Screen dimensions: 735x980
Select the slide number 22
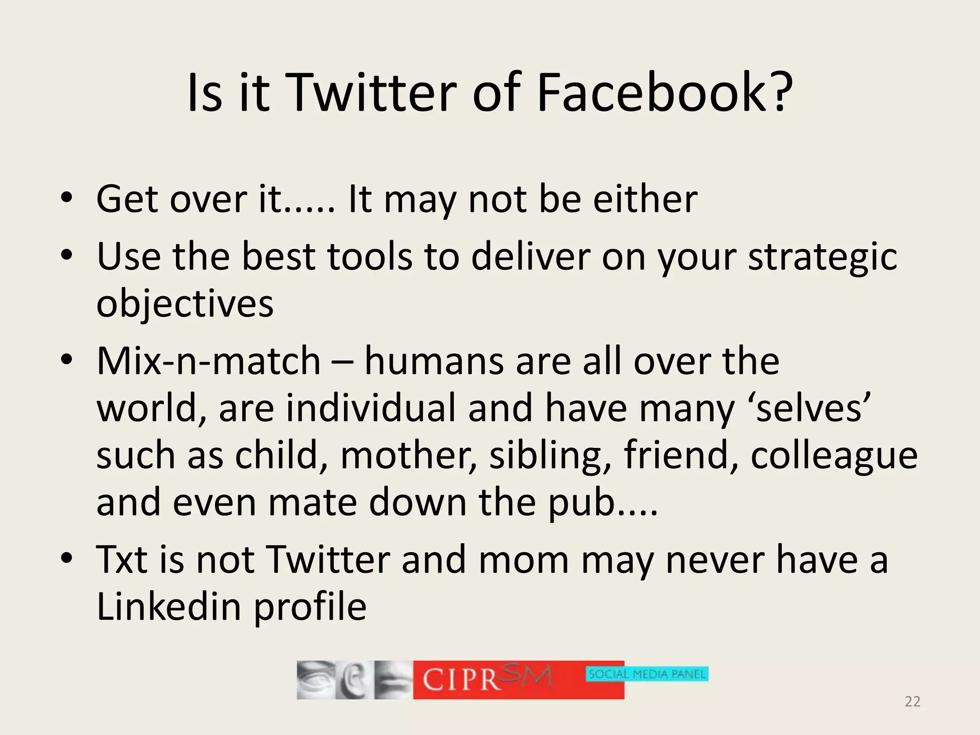click(913, 702)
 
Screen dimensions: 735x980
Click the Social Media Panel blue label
click(647, 674)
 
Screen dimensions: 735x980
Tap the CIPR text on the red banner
click(462, 679)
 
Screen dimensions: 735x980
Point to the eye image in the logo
click(315, 679)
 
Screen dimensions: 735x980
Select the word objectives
click(185, 304)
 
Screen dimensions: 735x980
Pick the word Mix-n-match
click(208, 361)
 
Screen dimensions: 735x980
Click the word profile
click(310, 608)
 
